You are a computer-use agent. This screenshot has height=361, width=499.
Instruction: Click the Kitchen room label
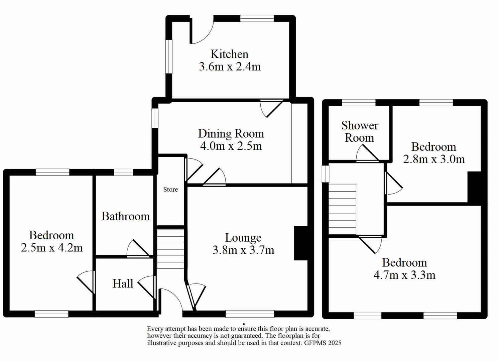coord(229,54)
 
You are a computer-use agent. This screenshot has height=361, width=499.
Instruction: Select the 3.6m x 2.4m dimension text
coord(230,67)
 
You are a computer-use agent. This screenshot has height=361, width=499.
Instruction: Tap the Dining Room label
coord(231,134)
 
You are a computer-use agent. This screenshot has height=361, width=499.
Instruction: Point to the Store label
coord(170,190)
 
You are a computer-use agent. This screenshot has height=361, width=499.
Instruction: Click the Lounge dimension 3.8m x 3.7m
coord(243,250)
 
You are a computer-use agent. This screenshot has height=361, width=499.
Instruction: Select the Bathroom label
coord(125,216)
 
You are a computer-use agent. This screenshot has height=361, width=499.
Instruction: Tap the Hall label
coord(123,284)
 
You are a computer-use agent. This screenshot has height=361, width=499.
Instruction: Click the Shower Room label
coord(360,131)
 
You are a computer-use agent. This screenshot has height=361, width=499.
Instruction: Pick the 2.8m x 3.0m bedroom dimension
coord(434,159)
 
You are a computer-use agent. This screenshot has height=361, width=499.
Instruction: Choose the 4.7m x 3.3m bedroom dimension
coord(404,275)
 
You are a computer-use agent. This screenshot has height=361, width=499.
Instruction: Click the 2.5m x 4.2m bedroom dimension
coord(52,248)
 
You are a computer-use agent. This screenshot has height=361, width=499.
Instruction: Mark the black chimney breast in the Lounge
coord(301,243)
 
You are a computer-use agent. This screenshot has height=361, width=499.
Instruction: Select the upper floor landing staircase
coord(343,209)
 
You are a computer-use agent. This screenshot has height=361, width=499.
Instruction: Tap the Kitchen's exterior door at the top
coord(202,32)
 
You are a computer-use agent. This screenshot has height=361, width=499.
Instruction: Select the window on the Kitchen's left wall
coord(169,56)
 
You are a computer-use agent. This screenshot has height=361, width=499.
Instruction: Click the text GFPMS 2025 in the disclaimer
coord(323,343)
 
